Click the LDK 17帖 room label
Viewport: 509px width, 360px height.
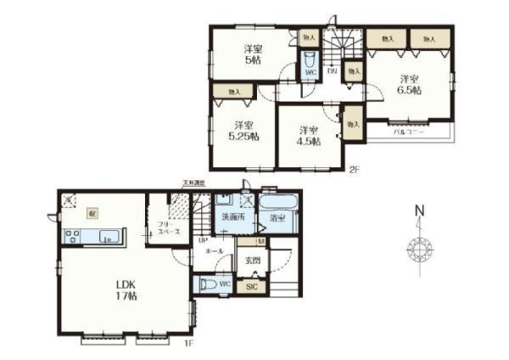(x=123, y=290)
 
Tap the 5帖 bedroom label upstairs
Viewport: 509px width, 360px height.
(x=253, y=54)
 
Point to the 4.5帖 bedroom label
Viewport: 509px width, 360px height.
(x=309, y=136)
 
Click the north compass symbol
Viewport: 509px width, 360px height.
(x=419, y=246)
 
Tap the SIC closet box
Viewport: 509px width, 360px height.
(x=251, y=287)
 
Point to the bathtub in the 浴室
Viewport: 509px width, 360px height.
(x=277, y=208)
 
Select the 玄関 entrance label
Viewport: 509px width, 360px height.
(x=252, y=260)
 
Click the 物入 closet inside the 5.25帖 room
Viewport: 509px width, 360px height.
(x=233, y=92)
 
